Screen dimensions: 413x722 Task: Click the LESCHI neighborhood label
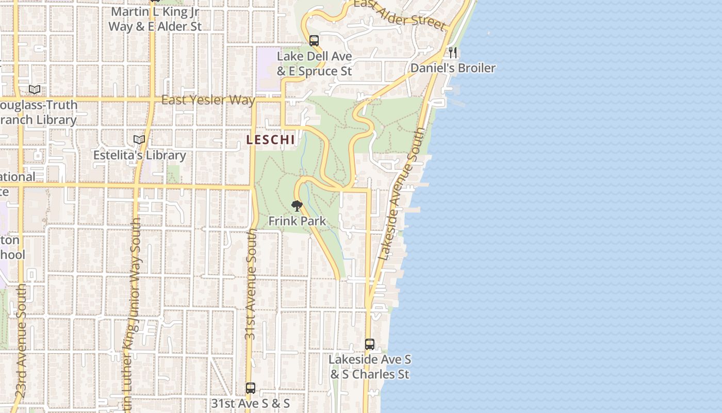pyautogui.click(x=270, y=139)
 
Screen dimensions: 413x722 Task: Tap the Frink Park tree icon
pyautogui.click(x=297, y=206)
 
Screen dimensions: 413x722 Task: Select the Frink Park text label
pyautogui.click(x=297, y=221)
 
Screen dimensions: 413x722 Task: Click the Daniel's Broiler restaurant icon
pyautogui.click(x=453, y=52)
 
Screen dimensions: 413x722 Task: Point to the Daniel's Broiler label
pyautogui.click(x=453, y=68)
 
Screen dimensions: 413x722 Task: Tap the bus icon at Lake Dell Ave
pyautogui.click(x=314, y=41)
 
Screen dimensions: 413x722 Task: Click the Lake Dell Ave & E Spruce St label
pyautogui.click(x=314, y=63)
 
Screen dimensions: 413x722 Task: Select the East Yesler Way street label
pyautogui.click(x=208, y=100)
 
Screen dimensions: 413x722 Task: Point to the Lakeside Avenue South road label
pyautogui.click(x=402, y=194)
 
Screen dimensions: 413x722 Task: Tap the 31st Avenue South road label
pyautogui.click(x=251, y=284)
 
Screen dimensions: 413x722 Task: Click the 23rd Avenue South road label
pyautogui.click(x=21, y=341)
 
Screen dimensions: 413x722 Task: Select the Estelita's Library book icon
pyautogui.click(x=139, y=139)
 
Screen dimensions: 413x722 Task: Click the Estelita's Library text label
pyautogui.click(x=139, y=155)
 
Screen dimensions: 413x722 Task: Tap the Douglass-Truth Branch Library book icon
pyautogui.click(x=35, y=89)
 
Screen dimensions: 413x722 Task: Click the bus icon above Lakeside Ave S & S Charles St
pyautogui.click(x=369, y=344)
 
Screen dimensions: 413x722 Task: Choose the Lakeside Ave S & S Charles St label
pyautogui.click(x=370, y=367)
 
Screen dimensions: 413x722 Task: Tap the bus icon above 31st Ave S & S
pyautogui.click(x=251, y=388)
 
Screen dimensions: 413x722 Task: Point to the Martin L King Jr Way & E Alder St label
pyautogui.click(x=155, y=19)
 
